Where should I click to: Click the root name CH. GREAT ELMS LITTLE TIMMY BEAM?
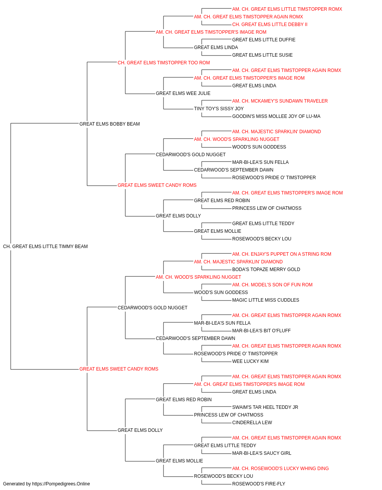point(45,247)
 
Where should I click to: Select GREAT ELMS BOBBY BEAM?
point(109,124)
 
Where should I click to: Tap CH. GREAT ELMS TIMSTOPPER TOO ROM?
point(163,63)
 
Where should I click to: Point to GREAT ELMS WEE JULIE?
point(183,93)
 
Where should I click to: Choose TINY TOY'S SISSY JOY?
point(219,109)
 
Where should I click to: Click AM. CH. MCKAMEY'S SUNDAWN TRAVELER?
point(280,101)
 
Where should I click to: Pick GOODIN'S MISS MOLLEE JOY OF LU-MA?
point(276,116)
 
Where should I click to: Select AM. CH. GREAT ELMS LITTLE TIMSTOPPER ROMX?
point(287,9)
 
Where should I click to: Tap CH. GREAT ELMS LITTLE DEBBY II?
point(270,24)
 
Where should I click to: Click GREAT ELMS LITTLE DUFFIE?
point(264,40)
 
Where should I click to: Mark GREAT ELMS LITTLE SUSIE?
point(262,55)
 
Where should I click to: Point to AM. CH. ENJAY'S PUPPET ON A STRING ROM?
point(282,254)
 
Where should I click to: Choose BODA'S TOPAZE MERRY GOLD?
point(266,269)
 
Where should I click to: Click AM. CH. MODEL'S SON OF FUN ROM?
point(272,285)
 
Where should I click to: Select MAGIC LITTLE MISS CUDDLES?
point(266,300)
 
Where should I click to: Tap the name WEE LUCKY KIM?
point(250,361)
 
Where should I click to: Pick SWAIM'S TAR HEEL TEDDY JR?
point(265,407)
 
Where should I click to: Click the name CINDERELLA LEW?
point(252,423)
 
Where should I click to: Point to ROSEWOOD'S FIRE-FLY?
point(259,484)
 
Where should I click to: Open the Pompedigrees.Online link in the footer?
point(61,484)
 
